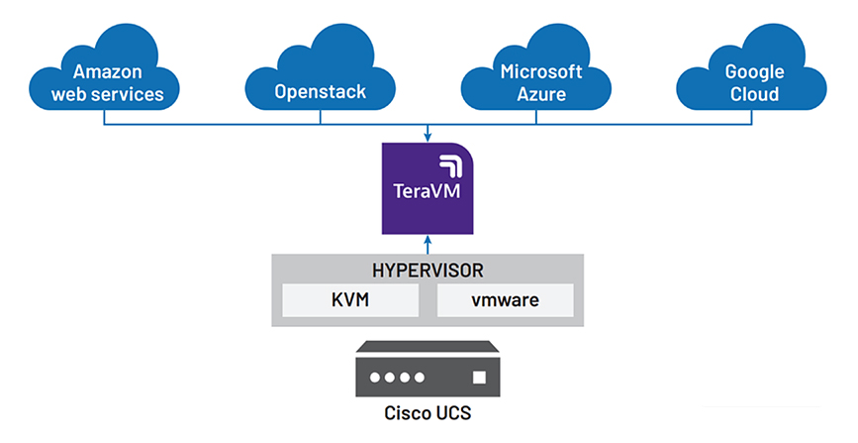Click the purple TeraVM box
click(x=428, y=188)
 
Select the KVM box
click(x=351, y=300)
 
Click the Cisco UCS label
click(x=428, y=412)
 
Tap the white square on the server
click(x=480, y=378)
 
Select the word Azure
click(x=541, y=95)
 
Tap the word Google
click(x=752, y=71)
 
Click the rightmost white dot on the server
click(x=421, y=378)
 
